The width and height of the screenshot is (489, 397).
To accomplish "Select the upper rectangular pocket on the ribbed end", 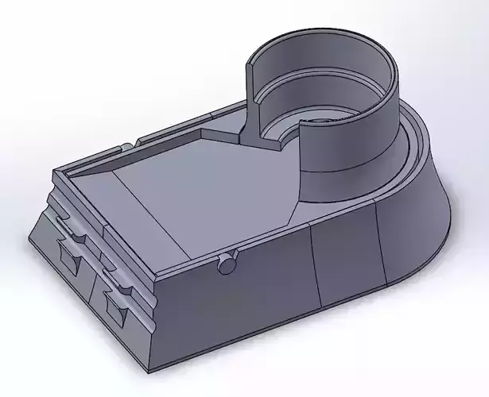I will [69, 256].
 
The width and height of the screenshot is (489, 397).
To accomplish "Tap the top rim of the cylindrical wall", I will [318, 33].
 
